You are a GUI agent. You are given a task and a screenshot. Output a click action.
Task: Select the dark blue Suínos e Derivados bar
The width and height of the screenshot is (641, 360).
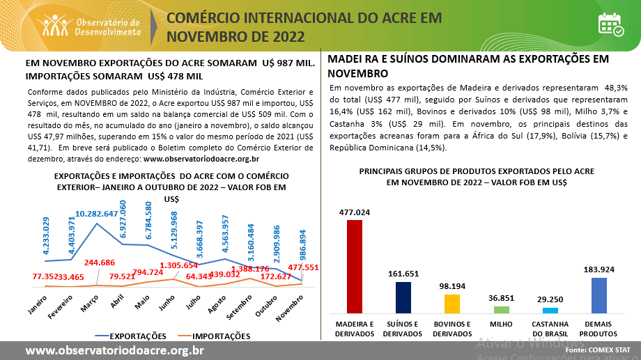tap(403, 297)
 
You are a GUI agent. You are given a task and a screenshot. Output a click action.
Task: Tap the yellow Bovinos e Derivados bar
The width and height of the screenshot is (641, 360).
tap(452, 304)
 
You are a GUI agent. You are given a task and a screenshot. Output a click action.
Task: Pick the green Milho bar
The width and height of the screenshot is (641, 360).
tap(502, 309)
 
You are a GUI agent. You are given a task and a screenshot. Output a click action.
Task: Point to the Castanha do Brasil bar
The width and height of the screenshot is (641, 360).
tap(550, 311)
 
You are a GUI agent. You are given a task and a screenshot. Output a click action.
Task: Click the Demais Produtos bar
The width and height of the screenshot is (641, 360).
tap(598, 295)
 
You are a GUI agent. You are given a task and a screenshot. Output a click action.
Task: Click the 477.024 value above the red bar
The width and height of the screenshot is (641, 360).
tap(355, 212)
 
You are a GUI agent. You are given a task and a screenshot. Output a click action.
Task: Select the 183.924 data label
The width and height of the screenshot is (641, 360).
tap(598, 269)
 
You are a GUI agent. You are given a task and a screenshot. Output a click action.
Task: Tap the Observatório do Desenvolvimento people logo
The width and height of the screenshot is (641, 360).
tap(55, 25)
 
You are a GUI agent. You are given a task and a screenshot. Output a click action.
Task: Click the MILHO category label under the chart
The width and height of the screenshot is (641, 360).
tap(502, 324)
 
